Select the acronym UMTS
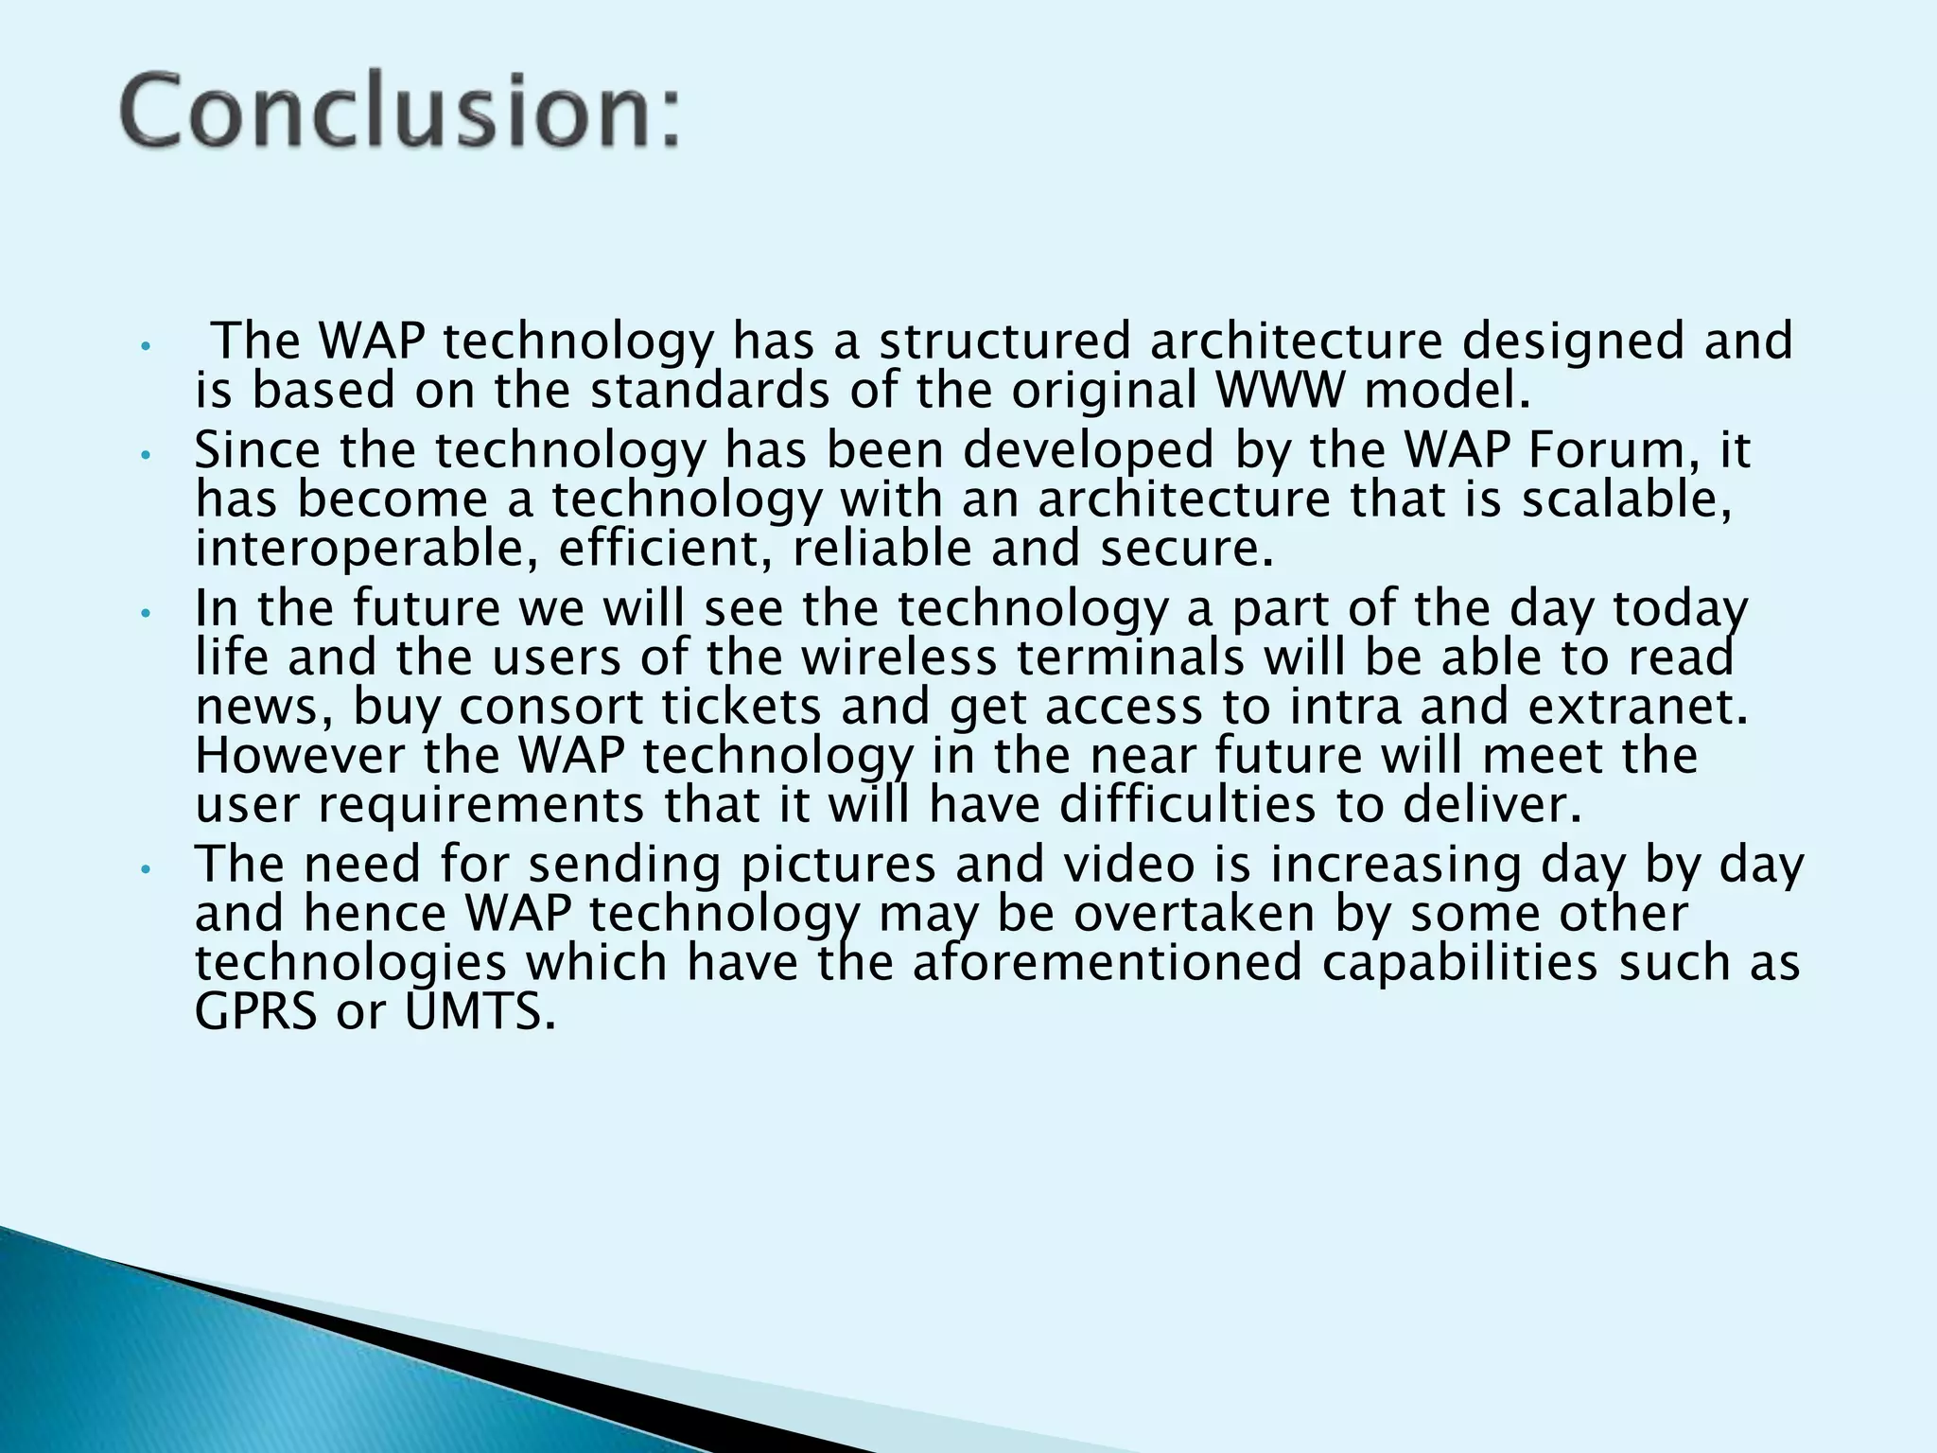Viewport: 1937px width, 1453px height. point(480,1013)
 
